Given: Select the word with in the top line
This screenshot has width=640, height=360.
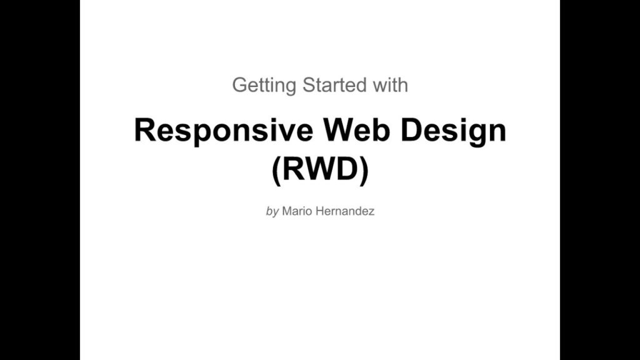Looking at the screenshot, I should point(391,84).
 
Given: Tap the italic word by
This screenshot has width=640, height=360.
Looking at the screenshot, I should point(272,211).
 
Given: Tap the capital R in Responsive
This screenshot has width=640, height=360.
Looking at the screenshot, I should point(146,130).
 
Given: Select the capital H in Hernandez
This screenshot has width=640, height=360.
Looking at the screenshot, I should point(318,211).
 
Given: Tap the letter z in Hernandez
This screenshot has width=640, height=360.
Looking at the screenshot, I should point(371,211).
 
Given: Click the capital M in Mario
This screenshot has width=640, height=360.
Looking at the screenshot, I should point(286,211).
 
